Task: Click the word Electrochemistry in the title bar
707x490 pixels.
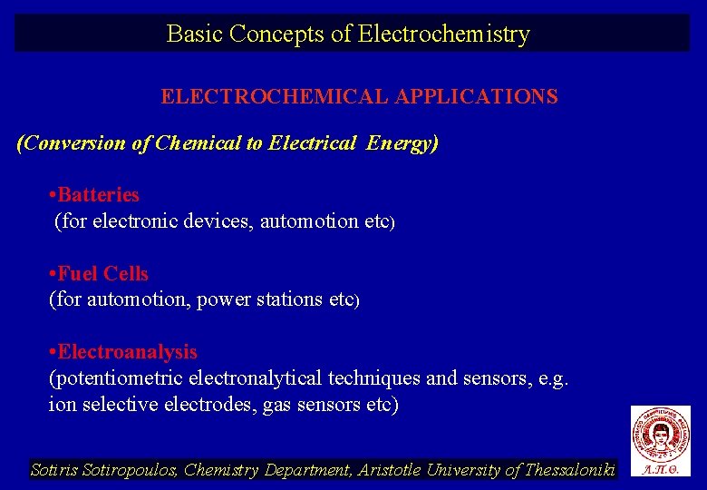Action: click(x=444, y=34)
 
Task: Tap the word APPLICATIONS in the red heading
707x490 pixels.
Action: click(x=476, y=96)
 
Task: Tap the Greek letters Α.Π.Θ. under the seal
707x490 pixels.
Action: click(x=660, y=470)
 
